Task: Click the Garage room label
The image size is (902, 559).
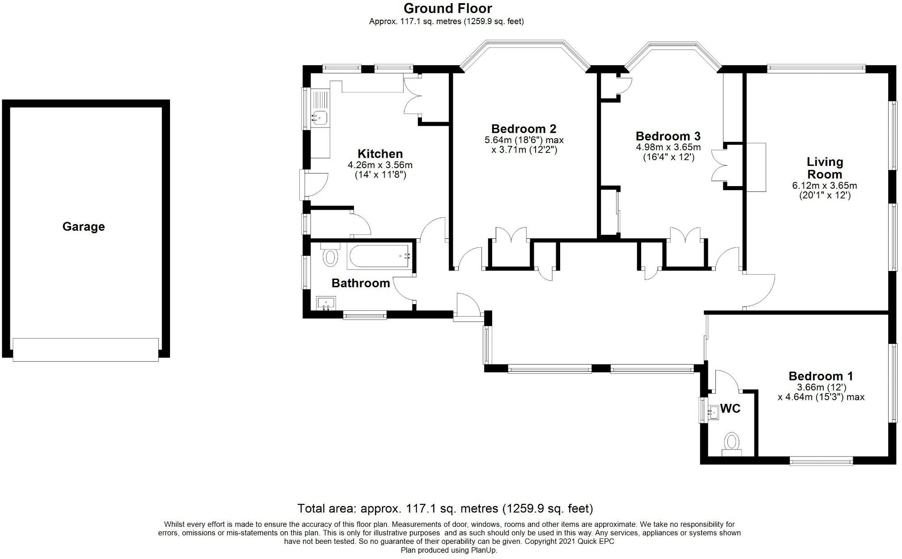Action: tap(84, 227)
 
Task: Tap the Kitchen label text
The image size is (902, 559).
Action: tap(380, 154)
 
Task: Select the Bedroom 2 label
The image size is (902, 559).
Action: tap(523, 129)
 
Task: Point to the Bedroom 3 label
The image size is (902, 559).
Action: tap(668, 136)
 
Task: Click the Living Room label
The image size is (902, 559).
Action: tap(825, 168)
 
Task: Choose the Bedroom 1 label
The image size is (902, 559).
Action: tap(821, 376)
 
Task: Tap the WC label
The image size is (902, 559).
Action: tap(730, 409)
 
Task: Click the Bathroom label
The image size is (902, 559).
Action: tap(361, 283)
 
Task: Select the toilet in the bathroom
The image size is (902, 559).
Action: tap(331, 255)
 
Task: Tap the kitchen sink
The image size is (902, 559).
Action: tap(320, 117)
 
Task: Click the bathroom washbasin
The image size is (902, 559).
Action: tap(326, 304)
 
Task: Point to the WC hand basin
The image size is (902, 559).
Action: tap(713, 412)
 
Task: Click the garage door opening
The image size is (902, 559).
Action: tap(85, 350)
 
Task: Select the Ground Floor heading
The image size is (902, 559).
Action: tap(448, 8)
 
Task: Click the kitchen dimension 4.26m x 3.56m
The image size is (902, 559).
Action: tap(380, 165)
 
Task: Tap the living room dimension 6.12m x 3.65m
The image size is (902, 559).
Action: tap(825, 186)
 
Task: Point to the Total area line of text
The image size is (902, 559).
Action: tap(445, 508)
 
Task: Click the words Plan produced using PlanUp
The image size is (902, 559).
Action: tap(449, 551)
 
